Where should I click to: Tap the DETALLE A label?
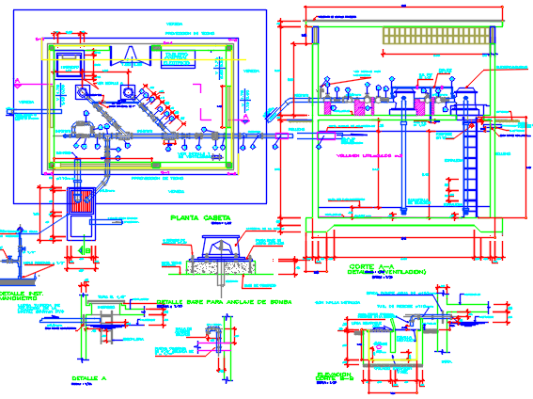click(90, 376)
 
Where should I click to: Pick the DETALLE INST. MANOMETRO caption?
click(18, 296)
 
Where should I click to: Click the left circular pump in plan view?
click(84, 92)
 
